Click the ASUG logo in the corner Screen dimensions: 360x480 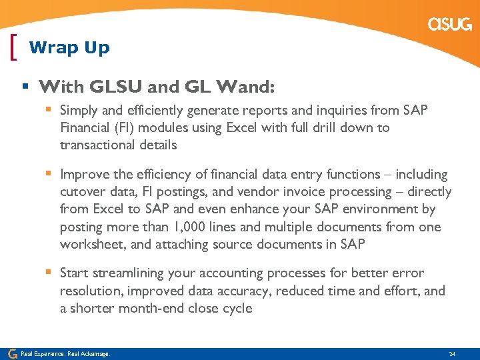pyautogui.click(x=450, y=25)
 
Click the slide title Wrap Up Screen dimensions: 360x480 pyautogui.click(x=69, y=48)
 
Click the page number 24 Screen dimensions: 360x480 pyautogui.click(x=452, y=353)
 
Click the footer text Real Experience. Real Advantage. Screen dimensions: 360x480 pyautogui.click(x=65, y=353)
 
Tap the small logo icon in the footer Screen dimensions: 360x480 pyautogui.click(x=12, y=353)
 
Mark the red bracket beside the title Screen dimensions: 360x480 pyautogui.click(x=15, y=47)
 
